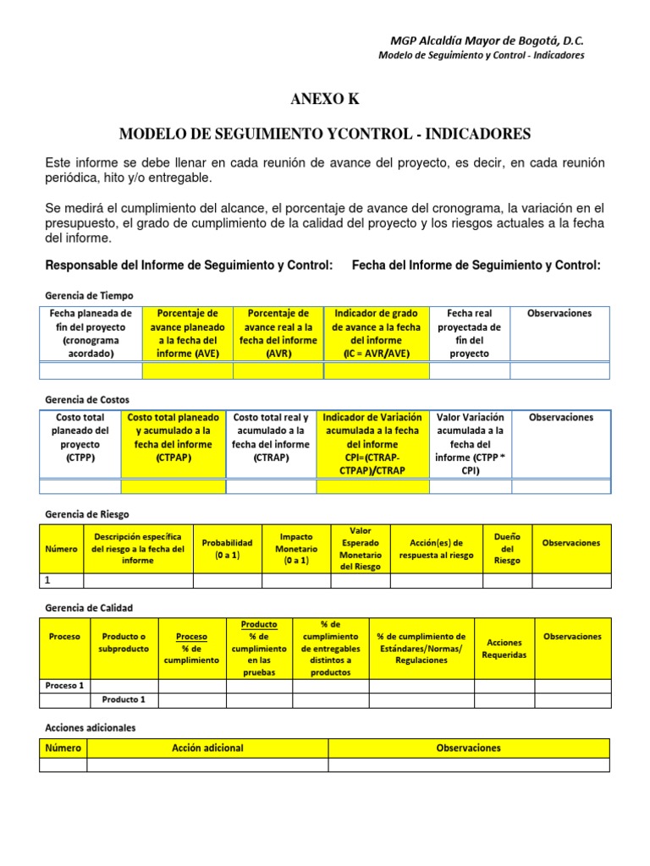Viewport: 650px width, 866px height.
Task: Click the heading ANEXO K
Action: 325,99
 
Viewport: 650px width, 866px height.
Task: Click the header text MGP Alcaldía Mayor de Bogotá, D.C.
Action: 487,41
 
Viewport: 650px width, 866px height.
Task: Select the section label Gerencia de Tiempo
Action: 88,295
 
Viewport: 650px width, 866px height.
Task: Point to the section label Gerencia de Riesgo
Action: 85,513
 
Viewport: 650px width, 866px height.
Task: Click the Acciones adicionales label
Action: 89,727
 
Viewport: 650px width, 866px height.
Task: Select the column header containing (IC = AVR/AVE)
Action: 377,333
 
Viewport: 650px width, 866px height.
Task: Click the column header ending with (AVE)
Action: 187,333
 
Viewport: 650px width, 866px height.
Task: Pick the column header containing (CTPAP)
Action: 174,437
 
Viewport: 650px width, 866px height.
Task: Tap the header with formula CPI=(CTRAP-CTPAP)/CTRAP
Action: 372,443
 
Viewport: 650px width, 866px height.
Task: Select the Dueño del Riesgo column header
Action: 507,548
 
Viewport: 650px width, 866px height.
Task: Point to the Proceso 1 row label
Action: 64,686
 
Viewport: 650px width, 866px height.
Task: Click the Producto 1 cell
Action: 124,699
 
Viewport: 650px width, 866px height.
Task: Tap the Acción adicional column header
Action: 207,748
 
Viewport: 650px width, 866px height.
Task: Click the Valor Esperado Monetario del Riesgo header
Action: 361,548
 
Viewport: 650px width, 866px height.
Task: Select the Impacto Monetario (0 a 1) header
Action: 296,548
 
